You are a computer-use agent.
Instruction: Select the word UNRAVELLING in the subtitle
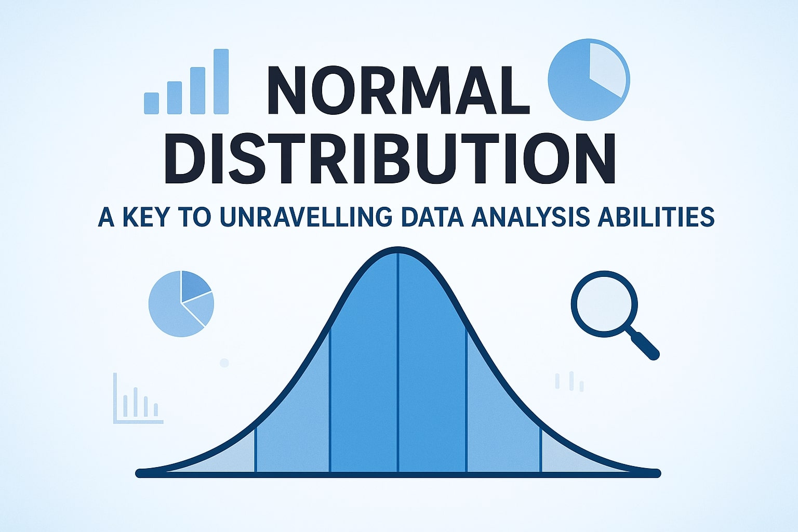click(306, 217)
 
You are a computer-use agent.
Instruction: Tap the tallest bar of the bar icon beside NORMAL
click(221, 82)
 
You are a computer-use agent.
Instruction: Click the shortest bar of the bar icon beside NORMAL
click(151, 103)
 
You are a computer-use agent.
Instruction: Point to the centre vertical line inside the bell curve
click(398, 364)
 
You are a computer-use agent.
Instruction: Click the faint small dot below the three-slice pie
click(224, 363)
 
